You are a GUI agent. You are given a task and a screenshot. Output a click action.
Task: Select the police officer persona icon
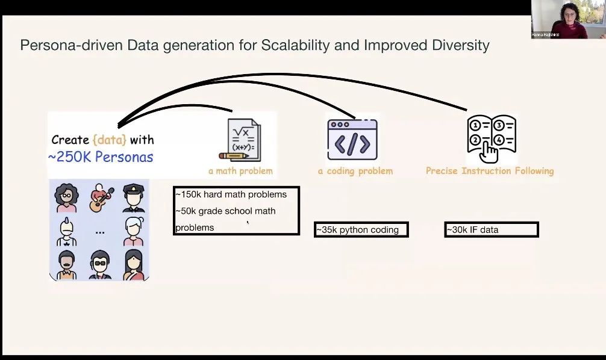pyautogui.click(x=134, y=198)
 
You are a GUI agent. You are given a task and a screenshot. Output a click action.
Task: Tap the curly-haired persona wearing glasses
pyautogui.click(x=66, y=198)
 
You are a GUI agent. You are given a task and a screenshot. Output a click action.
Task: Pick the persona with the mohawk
pyautogui.click(x=66, y=232)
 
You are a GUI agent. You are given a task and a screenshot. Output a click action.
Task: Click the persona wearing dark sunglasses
pyautogui.click(x=99, y=265)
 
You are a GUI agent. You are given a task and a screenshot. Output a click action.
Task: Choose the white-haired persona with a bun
pyautogui.click(x=134, y=232)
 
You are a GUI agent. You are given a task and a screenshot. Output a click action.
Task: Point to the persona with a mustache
pyautogui.click(x=66, y=265)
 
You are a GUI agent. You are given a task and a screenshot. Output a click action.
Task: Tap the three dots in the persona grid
pyautogui.click(x=100, y=232)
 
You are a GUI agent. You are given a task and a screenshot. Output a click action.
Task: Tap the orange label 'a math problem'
pyautogui.click(x=240, y=171)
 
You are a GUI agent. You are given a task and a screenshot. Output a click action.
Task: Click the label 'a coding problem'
pyautogui.click(x=355, y=171)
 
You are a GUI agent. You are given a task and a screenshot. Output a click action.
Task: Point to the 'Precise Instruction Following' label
pyautogui.click(x=490, y=171)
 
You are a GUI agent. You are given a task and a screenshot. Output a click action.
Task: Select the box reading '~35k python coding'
pyautogui.click(x=361, y=229)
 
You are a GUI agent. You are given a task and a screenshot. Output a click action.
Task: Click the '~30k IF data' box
pyautogui.click(x=491, y=229)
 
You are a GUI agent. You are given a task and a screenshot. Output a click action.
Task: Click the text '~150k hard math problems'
pyautogui.click(x=231, y=194)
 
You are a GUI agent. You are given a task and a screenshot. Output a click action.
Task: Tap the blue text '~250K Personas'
pyautogui.click(x=101, y=157)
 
